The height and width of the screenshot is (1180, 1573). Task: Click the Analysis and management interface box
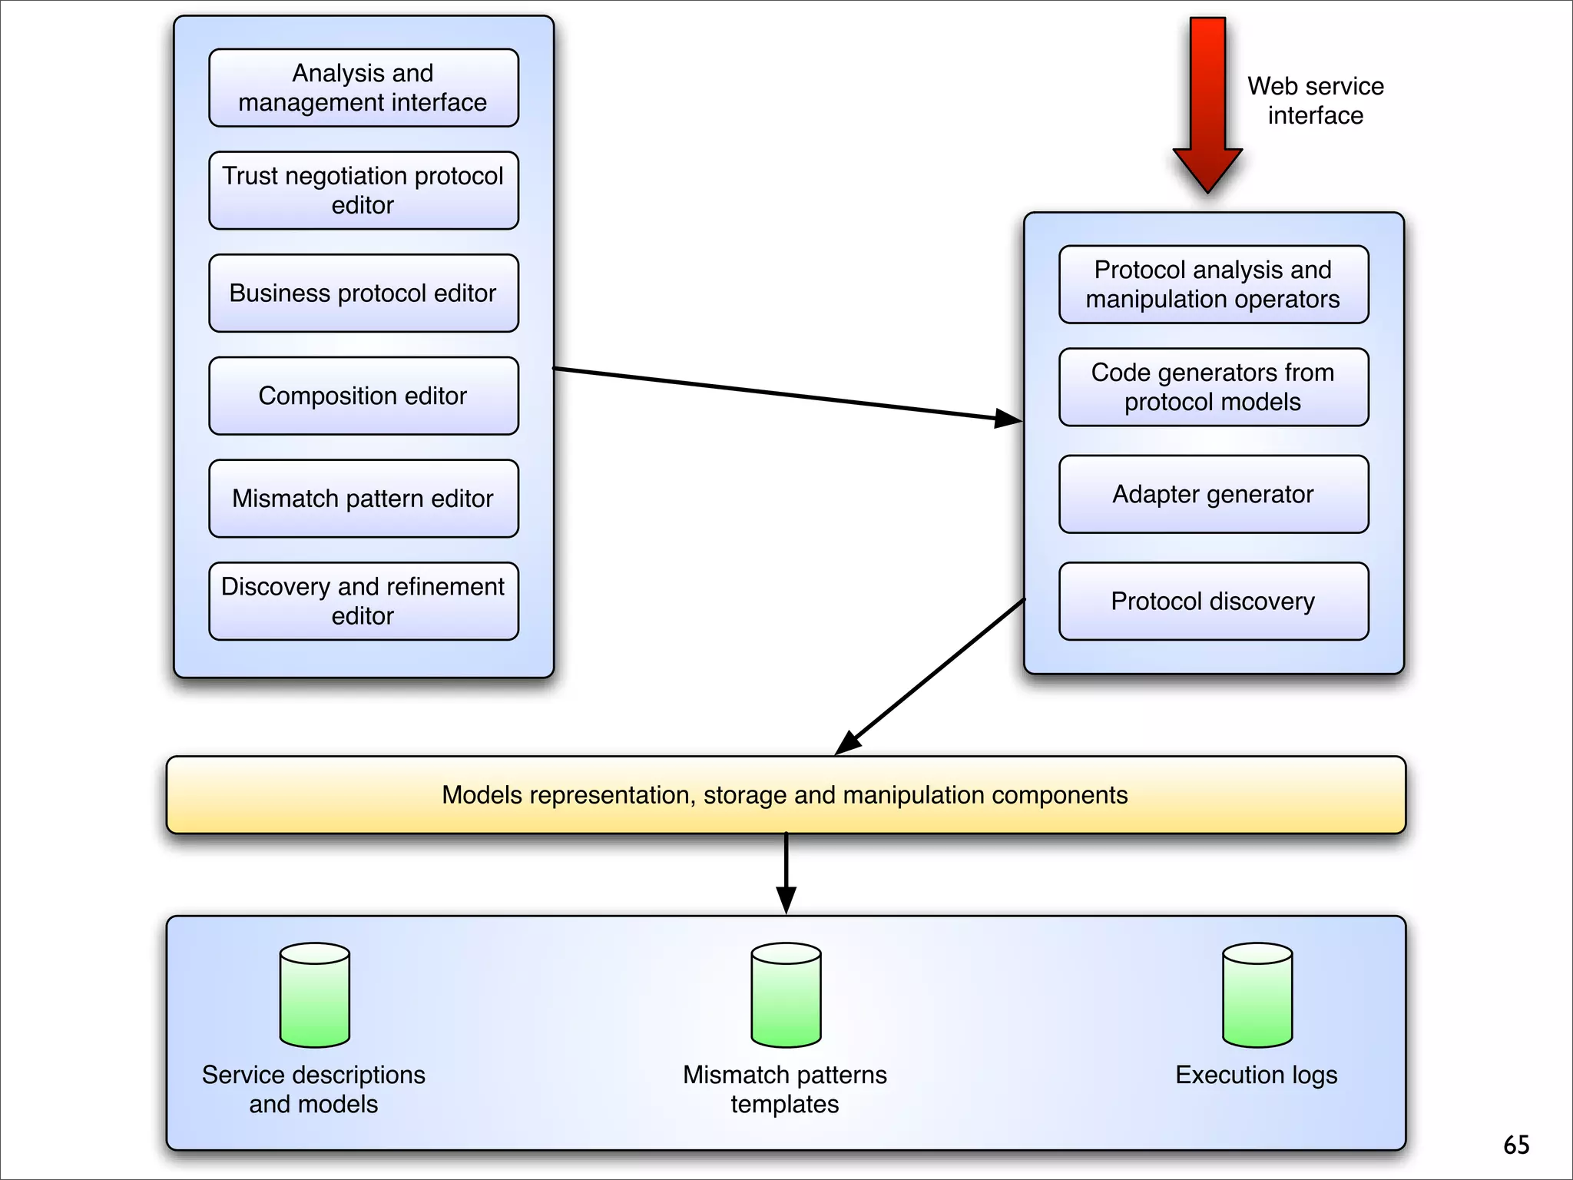pyautogui.click(x=363, y=88)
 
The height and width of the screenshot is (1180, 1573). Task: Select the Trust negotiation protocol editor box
pyautogui.click(x=363, y=191)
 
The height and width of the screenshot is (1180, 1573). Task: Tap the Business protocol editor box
pyautogui.click(x=363, y=293)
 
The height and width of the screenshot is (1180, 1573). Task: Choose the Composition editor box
pyautogui.click(x=363, y=396)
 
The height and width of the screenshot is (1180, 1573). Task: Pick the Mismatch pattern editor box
pyautogui.click(x=363, y=499)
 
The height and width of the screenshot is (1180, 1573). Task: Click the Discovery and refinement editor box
pyautogui.click(x=363, y=601)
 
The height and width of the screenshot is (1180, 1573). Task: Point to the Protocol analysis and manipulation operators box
pyautogui.click(x=1214, y=284)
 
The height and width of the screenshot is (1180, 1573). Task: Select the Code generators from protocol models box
pyautogui.click(x=1214, y=387)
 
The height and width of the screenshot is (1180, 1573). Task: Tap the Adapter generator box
pyautogui.click(x=1214, y=494)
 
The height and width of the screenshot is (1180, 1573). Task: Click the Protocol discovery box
pyautogui.click(x=1214, y=601)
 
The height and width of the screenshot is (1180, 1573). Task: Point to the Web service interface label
pyautogui.click(x=1315, y=101)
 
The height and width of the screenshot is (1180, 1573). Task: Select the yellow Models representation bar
pyautogui.click(x=786, y=795)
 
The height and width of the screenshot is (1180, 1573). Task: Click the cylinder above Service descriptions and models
pyautogui.click(x=315, y=995)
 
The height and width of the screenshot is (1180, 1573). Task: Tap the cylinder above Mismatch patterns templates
pyautogui.click(x=786, y=995)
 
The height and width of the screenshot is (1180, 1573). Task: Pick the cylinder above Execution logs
pyautogui.click(x=1257, y=995)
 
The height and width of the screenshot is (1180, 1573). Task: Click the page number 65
pyautogui.click(x=1516, y=1145)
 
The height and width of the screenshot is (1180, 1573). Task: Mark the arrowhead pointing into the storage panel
pyautogui.click(x=786, y=900)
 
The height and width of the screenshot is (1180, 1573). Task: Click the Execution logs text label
pyautogui.click(x=1257, y=1075)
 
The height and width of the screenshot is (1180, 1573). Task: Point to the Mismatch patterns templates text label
pyautogui.click(x=785, y=1089)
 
